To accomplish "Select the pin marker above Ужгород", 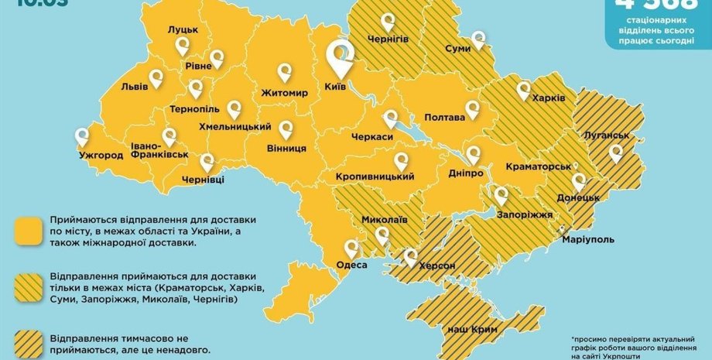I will [81, 137].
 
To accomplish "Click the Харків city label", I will [549, 98].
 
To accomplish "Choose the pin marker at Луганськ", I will [615, 153].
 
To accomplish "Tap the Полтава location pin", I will [471, 109].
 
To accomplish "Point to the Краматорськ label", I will [538, 167].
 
